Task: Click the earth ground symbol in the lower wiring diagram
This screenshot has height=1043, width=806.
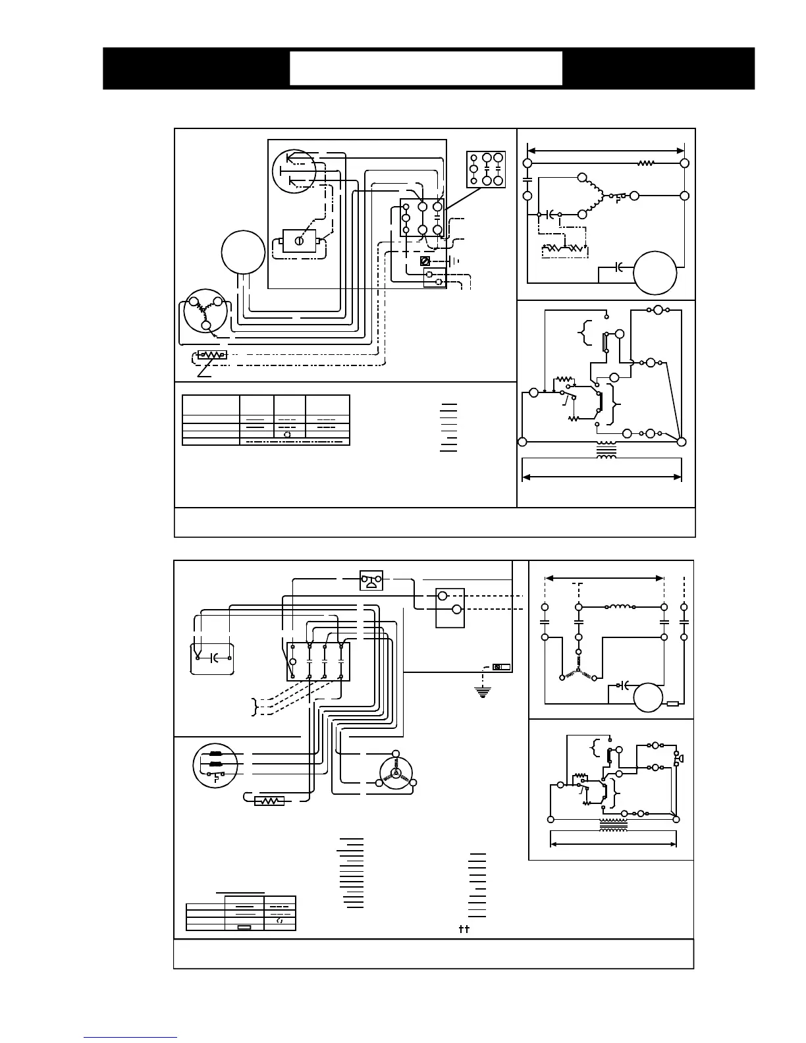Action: [x=483, y=691]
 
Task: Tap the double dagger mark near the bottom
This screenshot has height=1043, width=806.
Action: [x=463, y=929]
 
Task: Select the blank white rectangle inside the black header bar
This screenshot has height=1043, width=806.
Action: [x=426, y=68]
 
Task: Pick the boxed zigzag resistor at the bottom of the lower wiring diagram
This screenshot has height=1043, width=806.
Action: [x=269, y=801]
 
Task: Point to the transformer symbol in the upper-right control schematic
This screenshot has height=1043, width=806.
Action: [x=606, y=450]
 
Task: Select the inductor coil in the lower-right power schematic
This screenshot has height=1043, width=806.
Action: [x=620, y=606]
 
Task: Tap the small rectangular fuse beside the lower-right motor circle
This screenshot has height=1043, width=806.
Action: [x=673, y=705]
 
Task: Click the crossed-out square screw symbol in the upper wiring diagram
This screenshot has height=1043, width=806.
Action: [x=425, y=261]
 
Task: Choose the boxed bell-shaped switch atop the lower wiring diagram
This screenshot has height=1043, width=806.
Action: [x=371, y=580]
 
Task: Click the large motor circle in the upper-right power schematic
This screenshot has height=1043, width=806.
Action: [x=655, y=271]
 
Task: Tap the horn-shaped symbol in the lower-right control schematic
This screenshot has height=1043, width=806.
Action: [x=680, y=759]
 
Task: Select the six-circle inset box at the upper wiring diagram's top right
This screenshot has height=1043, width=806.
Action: [x=486, y=169]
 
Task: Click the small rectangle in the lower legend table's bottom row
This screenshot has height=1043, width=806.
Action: [x=244, y=926]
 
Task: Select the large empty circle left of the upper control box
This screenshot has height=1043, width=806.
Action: [x=243, y=252]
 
